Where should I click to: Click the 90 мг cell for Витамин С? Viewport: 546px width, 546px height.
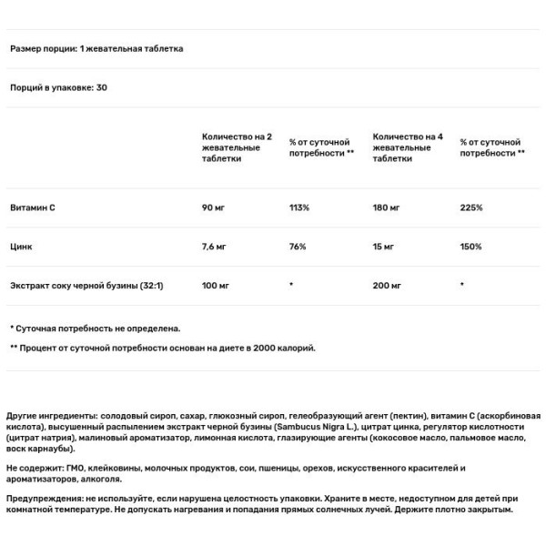[213, 208]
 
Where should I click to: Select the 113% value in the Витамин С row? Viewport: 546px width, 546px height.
[299, 208]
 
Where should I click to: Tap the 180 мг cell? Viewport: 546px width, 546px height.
[386, 208]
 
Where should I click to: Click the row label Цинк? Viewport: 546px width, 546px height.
[22, 247]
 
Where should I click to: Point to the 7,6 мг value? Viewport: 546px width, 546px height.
[215, 247]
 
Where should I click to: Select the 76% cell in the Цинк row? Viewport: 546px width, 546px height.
[298, 247]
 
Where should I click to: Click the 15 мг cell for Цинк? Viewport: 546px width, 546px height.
[384, 247]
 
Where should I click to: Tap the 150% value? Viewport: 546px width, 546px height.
[471, 247]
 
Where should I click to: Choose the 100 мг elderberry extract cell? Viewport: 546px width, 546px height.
[216, 285]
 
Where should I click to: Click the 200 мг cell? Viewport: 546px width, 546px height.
[387, 285]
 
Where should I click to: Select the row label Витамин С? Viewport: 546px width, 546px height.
[33, 208]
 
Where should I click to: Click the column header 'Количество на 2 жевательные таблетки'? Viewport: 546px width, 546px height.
[237, 147]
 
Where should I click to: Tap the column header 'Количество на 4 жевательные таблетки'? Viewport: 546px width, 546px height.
[408, 147]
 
